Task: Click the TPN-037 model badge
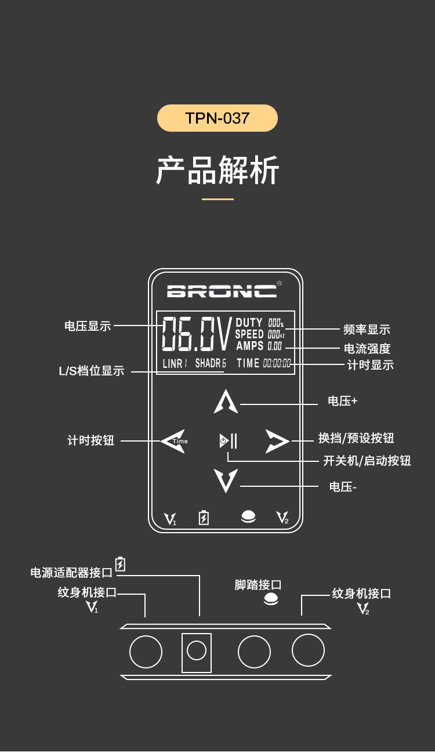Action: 217,118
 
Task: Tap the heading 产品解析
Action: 217,170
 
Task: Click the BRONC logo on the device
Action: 222,291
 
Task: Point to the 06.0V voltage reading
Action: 196,334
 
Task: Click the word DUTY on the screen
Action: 249,323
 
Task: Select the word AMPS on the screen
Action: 250,346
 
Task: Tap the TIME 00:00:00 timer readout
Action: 264,363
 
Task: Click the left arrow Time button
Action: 173,441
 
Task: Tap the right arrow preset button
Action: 277,441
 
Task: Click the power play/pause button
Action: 228,441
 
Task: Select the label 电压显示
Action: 88,326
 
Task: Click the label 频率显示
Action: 367,330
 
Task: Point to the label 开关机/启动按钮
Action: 367,461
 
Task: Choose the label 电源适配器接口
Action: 71,573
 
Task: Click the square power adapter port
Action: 197,653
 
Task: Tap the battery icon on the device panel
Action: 204,518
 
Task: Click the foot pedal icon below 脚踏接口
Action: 271,599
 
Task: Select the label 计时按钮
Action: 91,440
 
